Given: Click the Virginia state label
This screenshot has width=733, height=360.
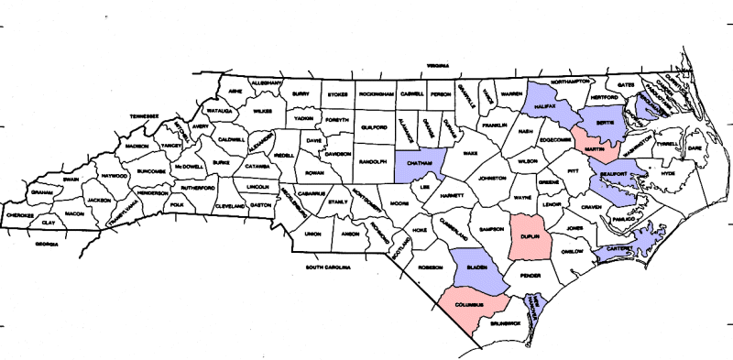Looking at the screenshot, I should (434, 66).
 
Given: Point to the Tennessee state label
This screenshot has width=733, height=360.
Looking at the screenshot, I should (144, 116).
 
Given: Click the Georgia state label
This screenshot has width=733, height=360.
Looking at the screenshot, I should (47, 245).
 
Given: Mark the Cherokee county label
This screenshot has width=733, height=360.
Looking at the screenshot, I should (20, 216).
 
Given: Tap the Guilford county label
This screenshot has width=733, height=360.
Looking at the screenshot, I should (376, 127).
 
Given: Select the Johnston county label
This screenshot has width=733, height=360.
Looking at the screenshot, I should (492, 178).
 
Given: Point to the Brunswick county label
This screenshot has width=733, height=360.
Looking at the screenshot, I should (504, 322).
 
